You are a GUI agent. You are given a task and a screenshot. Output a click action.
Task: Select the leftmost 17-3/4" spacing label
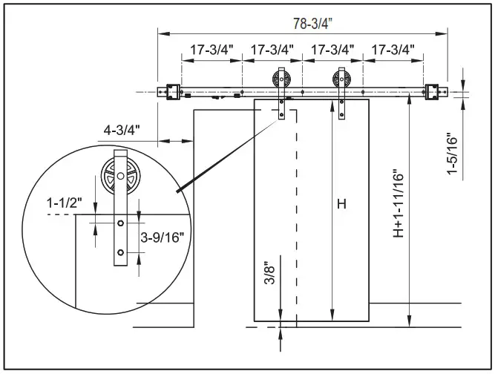pyautogui.click(x=212, y=50)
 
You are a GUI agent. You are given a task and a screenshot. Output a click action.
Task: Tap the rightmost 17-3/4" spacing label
pyautogui.click(x=393, y=50)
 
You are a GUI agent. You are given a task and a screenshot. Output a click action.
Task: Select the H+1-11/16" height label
pyautogui.click(x=399, y=203)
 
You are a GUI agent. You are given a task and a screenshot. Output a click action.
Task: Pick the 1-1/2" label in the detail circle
pyautogui.click(x=65, y=202)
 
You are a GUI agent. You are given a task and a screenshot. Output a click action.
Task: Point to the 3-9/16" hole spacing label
pyautogui.click(x=162, y=237)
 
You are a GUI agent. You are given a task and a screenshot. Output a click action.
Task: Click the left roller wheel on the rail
pyautogui.click(x=283, y=79)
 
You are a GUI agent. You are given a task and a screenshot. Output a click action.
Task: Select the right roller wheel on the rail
pyautogui.click(x=342, y=79)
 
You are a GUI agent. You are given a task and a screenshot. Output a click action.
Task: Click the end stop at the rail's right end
pyautogui.click(x=431, y=91)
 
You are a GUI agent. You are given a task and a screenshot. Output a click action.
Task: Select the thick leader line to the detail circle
pyautogui.click(x=223, y=157)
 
